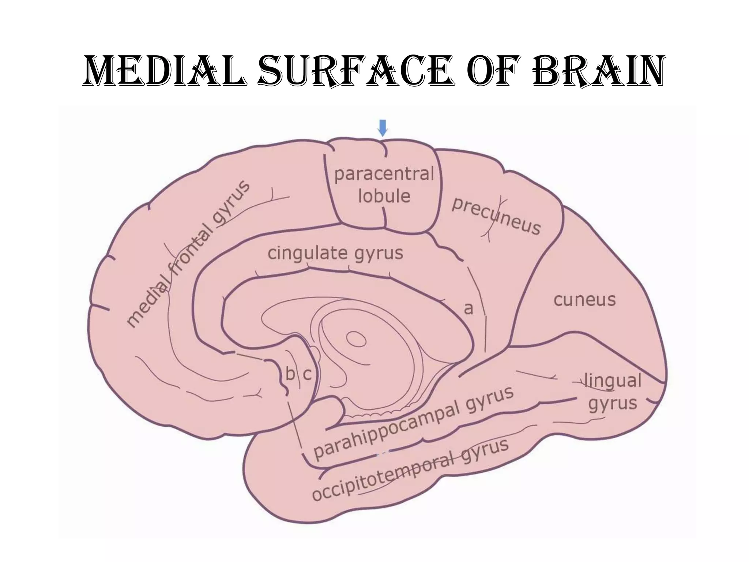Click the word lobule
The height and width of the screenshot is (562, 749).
coord(384,196)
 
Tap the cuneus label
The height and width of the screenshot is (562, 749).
coord(584,300)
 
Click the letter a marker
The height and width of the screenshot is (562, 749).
coord(468,308)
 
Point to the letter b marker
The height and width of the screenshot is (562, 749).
coord(290,374)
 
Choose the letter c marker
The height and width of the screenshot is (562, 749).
coord(307,374)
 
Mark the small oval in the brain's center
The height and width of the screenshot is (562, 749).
coord(356,339)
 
